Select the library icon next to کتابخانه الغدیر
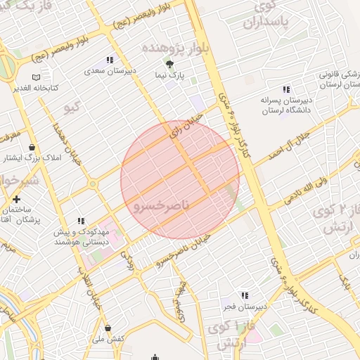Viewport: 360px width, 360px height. (36, 77)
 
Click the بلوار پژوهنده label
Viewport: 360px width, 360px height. (176, 48)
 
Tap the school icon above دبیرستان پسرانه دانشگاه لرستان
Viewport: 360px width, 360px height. (286, 89)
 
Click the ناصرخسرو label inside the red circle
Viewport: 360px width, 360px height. (160, 205)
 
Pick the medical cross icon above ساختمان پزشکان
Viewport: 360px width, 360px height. (16, 200)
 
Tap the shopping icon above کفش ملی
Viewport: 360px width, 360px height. (108, 328)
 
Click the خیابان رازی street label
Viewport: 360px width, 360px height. (188, 120)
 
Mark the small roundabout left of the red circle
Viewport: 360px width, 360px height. (92, 184)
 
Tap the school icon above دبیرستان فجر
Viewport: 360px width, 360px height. (244, 295)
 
